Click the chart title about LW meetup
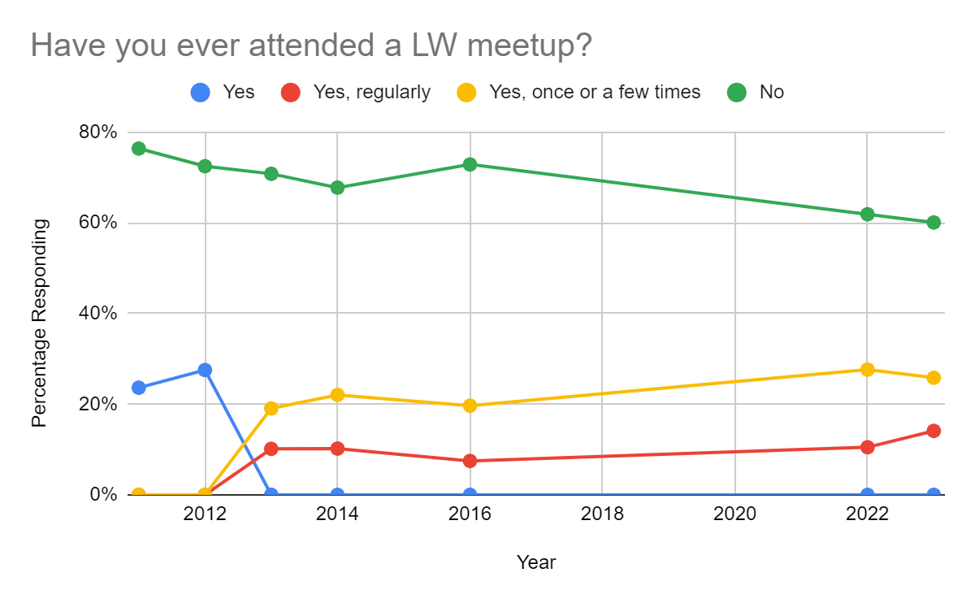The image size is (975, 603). (311, 46)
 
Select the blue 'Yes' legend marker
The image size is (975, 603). (201, 93)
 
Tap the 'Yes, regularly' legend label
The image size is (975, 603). (372, 93)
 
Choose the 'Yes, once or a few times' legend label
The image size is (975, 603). (595, 93)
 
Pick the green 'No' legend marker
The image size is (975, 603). (737, 93)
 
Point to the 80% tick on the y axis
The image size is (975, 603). (97, 132)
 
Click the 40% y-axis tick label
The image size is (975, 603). (97, 314)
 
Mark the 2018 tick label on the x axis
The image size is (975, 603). (602, 514)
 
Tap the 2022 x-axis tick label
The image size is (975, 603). (867, 514)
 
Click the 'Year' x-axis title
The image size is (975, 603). (536, 562)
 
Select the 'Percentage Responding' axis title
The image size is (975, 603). (39, 323)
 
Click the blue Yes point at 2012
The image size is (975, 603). (205, 370)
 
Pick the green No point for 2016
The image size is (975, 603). (470, 164)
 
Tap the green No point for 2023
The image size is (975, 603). (934, 223)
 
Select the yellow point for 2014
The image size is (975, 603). (337, 395)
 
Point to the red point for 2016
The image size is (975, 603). (470, 461)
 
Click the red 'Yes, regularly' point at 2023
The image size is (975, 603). (934, 431)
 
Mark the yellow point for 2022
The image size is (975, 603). (867, 369)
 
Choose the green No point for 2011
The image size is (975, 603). (139, 149)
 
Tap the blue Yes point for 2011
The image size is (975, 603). (139, 388)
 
